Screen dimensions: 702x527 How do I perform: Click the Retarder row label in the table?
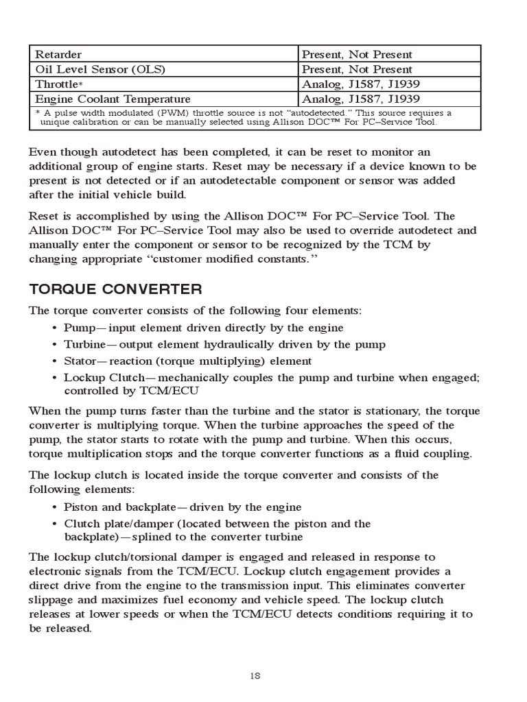click(x=58, y=54)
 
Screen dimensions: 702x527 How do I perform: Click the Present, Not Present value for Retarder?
click(x=358, y=54)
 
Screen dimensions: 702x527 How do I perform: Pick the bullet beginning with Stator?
click(x=187, y=361)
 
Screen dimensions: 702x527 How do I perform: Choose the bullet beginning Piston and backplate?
click(x=182, y=507)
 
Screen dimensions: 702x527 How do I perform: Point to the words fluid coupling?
click(x=432, y=454)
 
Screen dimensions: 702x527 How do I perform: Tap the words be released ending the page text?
click(x=60, y=628)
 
